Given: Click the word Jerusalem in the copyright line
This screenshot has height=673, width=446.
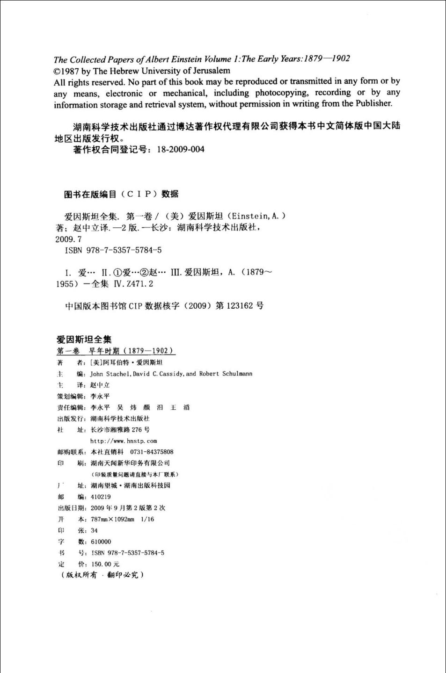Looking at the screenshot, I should [x=212, y=71].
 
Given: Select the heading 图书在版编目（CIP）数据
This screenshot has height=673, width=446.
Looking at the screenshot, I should [x=121, y=194].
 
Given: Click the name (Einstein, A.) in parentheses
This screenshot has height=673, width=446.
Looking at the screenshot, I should [x=256, y=216].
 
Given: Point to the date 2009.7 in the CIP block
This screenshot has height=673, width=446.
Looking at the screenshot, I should [x=69, y=239].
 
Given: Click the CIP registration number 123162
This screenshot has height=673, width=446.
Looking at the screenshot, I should [x=240, y=306].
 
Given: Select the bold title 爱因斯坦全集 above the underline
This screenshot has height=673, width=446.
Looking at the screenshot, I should [x=84, y=340].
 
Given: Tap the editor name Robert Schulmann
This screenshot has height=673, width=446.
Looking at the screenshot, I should [x=226, y=374].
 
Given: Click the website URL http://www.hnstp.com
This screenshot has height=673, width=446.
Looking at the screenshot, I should [x=124, y=441].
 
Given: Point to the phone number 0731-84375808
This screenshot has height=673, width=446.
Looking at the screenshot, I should [x=148, y=452].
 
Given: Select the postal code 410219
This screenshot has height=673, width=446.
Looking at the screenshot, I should [x=101, y=497].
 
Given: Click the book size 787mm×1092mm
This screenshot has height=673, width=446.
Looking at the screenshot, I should [x=113, y=519].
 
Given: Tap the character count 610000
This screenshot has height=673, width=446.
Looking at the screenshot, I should [x=101, y=542].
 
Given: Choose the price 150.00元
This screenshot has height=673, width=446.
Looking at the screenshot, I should [x=105, y=564].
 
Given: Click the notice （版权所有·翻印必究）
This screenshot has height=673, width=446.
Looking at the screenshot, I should [x=102, y=575].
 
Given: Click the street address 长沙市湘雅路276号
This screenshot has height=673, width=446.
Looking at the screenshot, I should [x=120, y=430].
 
